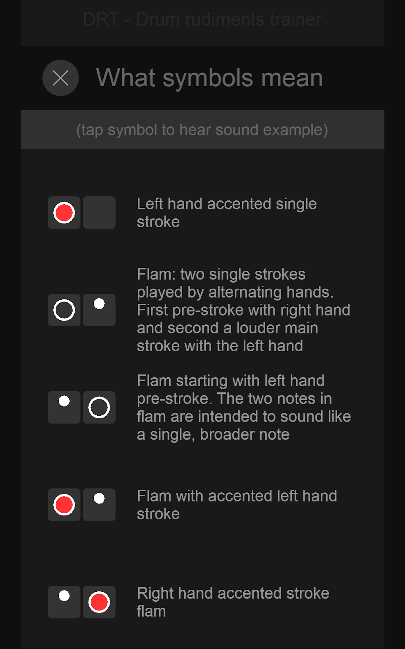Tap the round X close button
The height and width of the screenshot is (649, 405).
coord(60,77)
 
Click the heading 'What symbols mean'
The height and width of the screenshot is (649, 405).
coord(209,77)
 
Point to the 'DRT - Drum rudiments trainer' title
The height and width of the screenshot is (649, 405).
coord(202,19)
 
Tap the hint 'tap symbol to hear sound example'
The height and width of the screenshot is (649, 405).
coord(202,130)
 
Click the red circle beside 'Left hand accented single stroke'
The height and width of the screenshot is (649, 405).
coord(64,213)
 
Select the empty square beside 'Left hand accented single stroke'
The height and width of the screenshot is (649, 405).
coord(99,213)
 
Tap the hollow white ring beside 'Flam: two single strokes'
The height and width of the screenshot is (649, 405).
coord(64,310)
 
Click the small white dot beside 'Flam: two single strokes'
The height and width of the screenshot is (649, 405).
coord(99,304)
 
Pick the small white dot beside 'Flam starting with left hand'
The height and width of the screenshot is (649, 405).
coord(64,401)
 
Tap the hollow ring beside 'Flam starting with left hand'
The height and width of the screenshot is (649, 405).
coord(99,407)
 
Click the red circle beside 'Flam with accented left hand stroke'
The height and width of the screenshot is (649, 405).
coord(64,505)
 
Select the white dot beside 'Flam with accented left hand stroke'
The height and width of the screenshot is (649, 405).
coord(99,498)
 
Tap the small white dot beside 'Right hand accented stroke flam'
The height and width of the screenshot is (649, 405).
coord(64,596)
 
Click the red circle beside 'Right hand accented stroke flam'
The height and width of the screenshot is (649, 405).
coord(99,602)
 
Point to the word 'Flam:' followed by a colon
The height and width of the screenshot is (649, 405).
coord(156,274)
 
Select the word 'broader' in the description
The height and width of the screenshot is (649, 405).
coord(245,434)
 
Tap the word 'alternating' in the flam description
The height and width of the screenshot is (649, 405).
coord(245,292)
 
